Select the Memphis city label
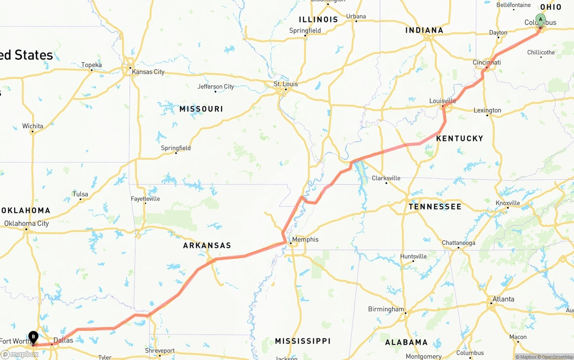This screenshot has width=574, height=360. (x=305, y=239)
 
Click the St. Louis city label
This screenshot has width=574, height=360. (x=286, y=84)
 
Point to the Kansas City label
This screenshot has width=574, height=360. (x=148, y=72)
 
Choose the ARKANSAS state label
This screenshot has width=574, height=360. (x=207, y=246)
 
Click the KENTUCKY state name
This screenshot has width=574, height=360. (x=460, y=139)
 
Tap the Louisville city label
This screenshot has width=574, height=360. (x=443, y=101)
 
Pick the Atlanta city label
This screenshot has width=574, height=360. (x=503, y=299)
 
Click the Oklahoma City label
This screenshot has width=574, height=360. (x=26, y=223)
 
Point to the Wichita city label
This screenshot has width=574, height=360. (x=33, y=126)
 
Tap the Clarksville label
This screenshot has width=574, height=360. (x=386, y=178)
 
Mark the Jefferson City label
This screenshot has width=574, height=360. (x=216, y=87)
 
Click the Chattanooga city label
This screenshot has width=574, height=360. (x=458, y=243)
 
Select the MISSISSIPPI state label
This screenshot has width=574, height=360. (x=303, y=341)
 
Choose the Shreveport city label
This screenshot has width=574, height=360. (x=160, y=351)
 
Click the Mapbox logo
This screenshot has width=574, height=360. (x=19, y=354)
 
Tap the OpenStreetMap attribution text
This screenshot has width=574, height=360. (x=556, y=357)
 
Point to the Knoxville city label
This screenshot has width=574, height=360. (x=508, y=203)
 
